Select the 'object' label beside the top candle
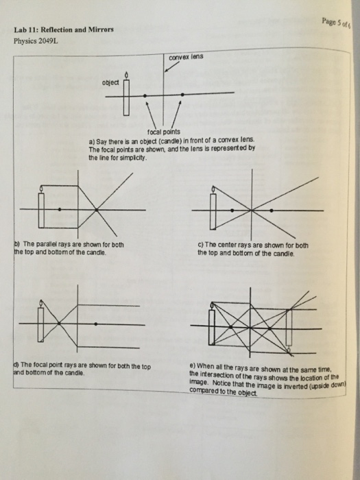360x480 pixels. click(110, 83)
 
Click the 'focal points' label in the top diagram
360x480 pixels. click(163, 131)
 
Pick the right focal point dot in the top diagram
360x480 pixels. click(182, 94)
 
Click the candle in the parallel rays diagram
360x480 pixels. click(43, 208)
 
